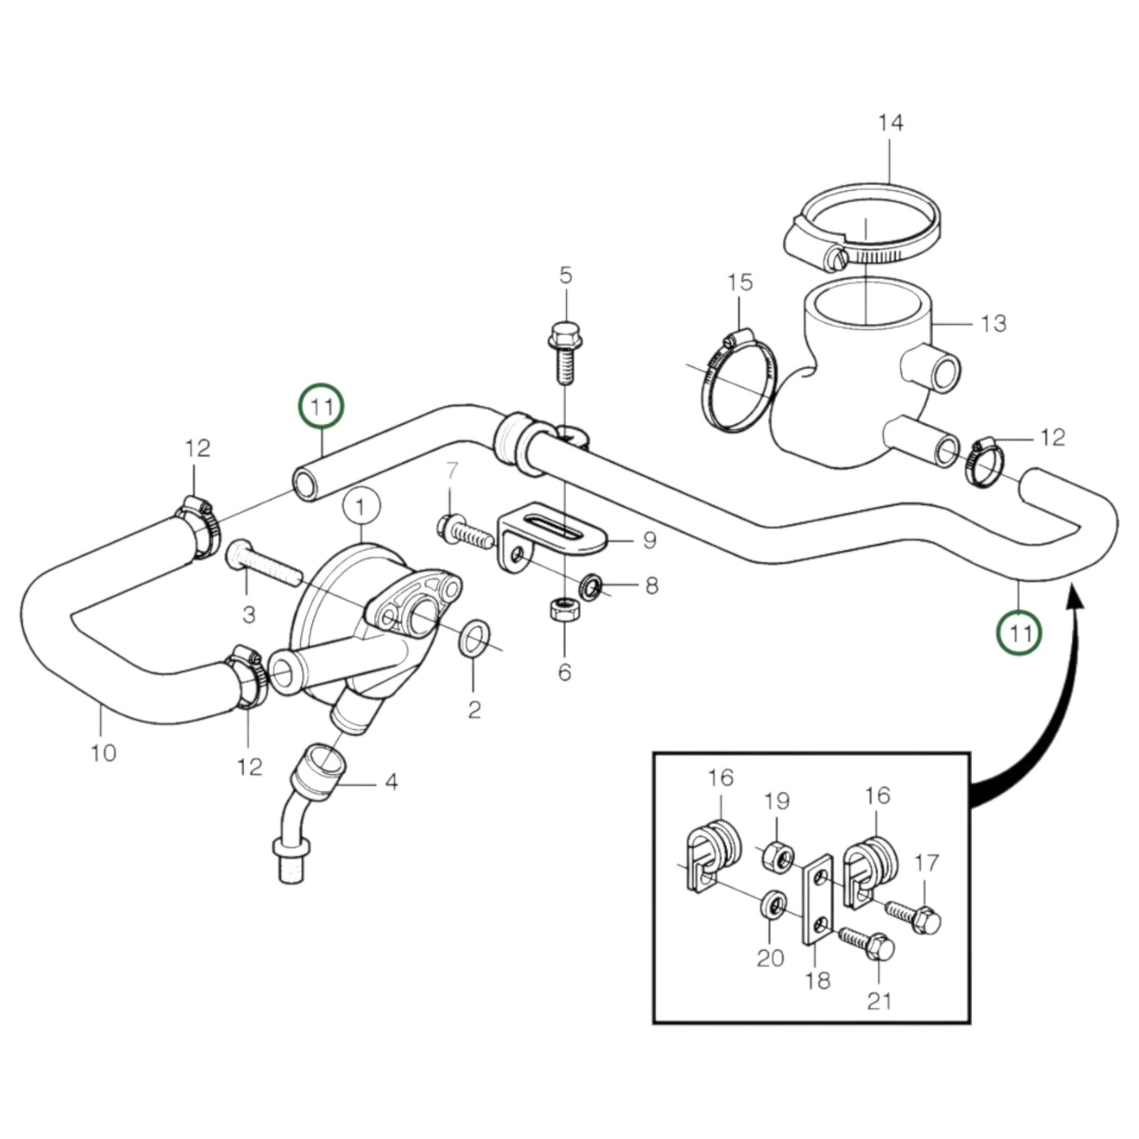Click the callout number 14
point(890,123)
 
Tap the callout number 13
point(993,323)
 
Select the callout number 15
point(740,282)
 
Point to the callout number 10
point(103,753)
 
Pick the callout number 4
point(391,783)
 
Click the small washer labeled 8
point(591,586)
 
